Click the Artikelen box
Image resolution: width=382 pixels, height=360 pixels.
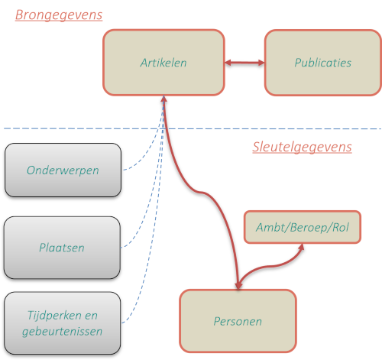(163, 63)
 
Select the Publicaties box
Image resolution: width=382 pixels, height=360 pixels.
(323, 63)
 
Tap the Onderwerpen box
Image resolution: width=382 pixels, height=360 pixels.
(63, 170)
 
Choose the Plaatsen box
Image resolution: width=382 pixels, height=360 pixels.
(62, 248)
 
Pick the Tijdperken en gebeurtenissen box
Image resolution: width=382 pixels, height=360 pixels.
(62, 323)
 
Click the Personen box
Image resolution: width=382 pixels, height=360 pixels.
(238, 321)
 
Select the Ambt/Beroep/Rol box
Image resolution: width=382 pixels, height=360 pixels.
(303, 227)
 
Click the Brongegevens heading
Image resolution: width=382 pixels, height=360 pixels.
(59, 15)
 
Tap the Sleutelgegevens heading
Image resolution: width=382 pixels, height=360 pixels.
(302, 147)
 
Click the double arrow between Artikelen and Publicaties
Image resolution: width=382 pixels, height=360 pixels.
(244, 63)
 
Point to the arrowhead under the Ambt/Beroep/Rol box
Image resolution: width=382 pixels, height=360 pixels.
(302, 247)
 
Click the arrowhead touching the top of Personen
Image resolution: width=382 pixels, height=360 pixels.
(238, 286)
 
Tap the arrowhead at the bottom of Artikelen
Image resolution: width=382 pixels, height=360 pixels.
(163, 99)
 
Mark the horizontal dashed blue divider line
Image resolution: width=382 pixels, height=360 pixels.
(193, 128)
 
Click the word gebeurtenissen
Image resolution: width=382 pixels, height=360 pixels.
(63, 332)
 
